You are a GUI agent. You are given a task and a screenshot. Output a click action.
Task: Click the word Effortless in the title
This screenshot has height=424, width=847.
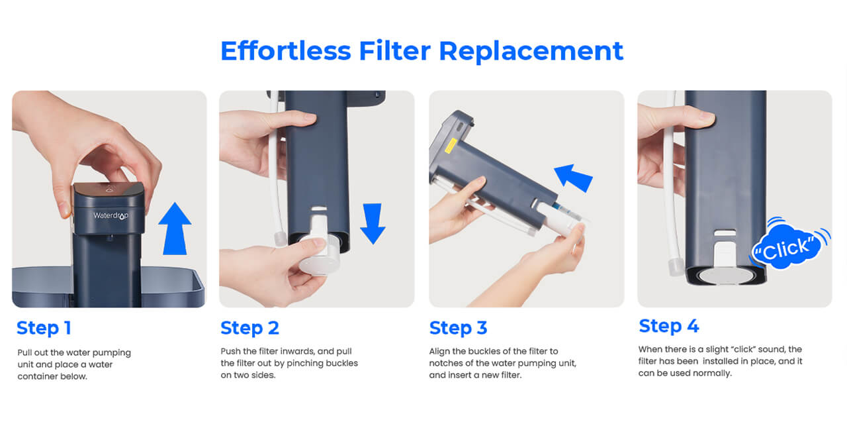coord(286,51)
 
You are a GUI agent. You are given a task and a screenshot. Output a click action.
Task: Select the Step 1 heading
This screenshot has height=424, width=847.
coord(44,328)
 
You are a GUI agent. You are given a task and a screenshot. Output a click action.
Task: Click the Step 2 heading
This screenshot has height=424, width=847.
coord(249,328)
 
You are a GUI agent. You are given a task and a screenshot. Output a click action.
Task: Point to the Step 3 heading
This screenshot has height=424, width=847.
coord(458,328)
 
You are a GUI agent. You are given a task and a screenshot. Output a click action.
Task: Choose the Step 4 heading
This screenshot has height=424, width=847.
coord(669,326)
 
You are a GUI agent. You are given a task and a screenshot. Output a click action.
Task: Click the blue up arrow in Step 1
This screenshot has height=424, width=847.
coord(175,229)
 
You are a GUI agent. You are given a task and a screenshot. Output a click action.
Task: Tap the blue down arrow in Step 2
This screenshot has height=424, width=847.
coord(373,223)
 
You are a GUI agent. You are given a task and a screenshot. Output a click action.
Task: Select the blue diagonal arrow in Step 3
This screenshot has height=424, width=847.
coord(574,178)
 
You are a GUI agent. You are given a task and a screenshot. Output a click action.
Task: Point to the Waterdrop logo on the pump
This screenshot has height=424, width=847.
coord(111,216)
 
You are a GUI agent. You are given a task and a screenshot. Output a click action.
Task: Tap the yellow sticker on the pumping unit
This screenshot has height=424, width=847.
coord(451,145)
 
